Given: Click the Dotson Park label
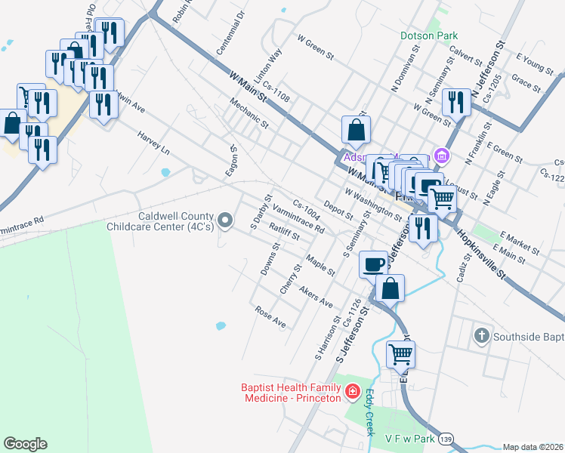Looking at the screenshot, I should pyautogui.click(x=429, y=35).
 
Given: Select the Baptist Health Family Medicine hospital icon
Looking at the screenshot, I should pyautogui.click(x=352, y=391).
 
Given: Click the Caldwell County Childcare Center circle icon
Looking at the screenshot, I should pyautogui.click(x=224, y=220).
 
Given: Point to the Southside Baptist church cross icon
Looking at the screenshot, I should pyautogui.click(x=480, y=335).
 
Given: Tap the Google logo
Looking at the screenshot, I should pyautogui.click(x=25, y=444).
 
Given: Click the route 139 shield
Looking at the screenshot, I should pyautogui.click(x=447, y=438).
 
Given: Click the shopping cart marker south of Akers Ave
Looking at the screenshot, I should pyautogui.click(x=400, y=353).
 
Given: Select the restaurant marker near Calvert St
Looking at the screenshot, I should pyautogui.click(x=455, y=101).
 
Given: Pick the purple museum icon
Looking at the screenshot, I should pyautogui.click(x=442, y=157).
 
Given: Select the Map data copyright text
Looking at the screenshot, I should pyautogui.click(x=533, y=447).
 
